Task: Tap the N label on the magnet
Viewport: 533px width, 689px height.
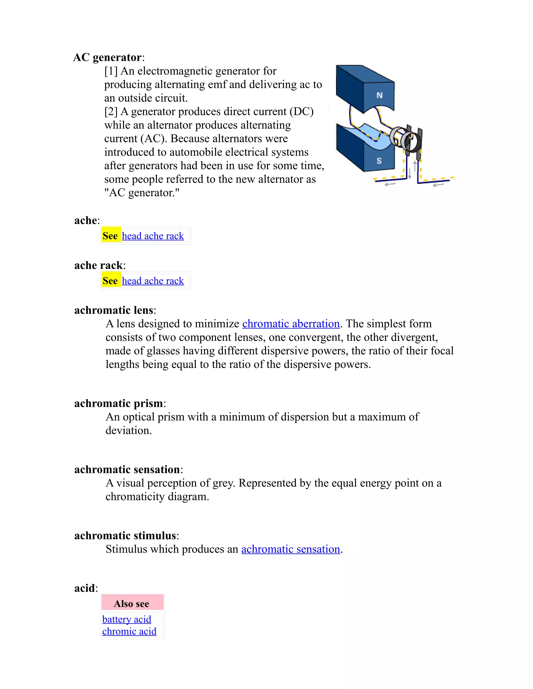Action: (x=379, y=95)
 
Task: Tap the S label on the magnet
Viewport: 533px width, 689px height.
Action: (x=379, y=161)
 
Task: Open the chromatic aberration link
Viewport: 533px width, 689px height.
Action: (x=291, y=324)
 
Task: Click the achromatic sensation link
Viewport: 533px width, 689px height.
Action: (x=290, y=549)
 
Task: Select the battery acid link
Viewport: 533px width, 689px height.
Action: (x=127, y=619)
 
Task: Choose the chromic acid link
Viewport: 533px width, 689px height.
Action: (x=129, y=631)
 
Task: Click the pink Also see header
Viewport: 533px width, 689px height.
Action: (x=132, y=603)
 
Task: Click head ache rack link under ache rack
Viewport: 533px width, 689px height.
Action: (x=153, y=281)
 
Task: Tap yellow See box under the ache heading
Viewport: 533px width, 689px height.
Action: (x=110, y=236)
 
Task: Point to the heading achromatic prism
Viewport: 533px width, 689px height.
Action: (x=118, y=403)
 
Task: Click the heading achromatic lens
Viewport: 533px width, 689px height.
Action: (x=114, y=310)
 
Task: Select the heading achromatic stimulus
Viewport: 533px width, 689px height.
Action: (x=125, y=535)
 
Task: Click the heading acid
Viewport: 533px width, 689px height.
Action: (x=84, y=588)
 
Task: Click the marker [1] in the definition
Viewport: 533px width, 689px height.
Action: (x=111, y=71)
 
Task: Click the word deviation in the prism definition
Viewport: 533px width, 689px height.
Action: (x=128, y=430)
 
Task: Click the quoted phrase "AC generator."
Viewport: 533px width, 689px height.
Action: (x=142, y=193)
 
